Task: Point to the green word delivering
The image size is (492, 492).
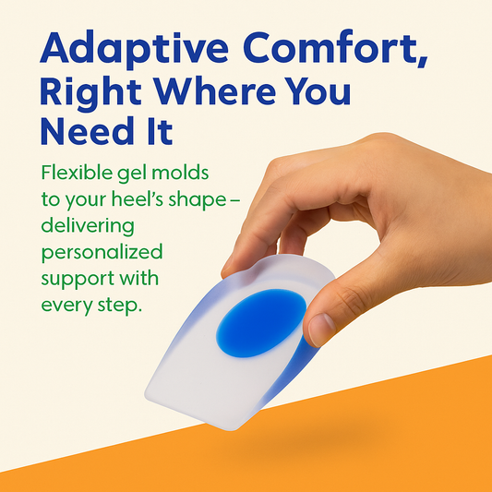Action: [87, 226]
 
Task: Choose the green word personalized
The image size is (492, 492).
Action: [101, 253]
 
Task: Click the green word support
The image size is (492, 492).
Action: [75, 279]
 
